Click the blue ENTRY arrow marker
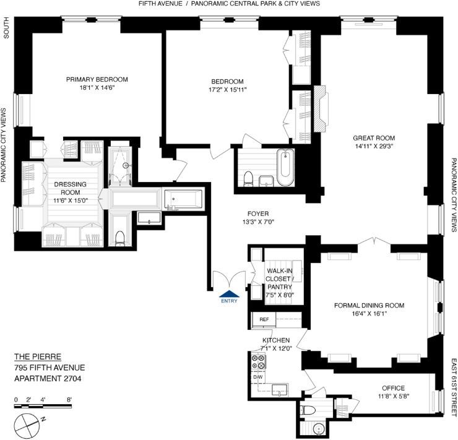[229, 295]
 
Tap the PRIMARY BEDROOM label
[97, 79]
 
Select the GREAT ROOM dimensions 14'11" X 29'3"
[374, 146]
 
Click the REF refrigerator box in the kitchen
[264, 319]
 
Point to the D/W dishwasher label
[258, 377]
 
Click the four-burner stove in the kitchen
[258, 361]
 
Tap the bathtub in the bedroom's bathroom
[285, 167]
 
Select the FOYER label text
[258, 214]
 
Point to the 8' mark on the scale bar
[69, 400]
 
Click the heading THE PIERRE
[38, 356]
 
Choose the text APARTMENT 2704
[48, 378]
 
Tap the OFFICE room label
[394, 388]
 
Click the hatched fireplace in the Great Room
[321, 109]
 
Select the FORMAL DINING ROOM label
[369, 306]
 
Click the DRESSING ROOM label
[71, 188]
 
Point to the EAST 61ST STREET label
[454, 387]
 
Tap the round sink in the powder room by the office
[319, 429]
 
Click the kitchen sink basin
[280, 389]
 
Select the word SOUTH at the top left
[6, 27]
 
